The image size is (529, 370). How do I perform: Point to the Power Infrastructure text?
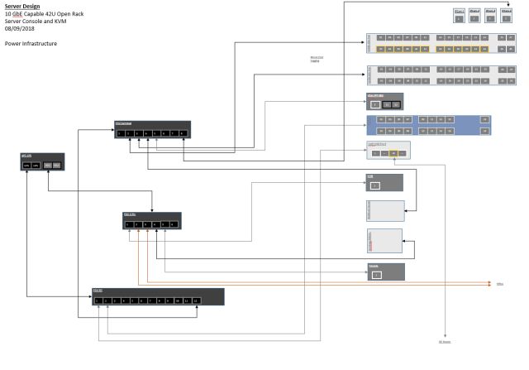coord(31,43)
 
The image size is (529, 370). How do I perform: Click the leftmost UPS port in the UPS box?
coord(26,166)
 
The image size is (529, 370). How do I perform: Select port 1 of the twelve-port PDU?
coord(98,300)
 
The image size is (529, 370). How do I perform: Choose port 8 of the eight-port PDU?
coord(183,132)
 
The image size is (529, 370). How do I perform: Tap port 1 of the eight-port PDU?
coord(120,132)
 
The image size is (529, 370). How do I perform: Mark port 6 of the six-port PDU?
coord(174,224)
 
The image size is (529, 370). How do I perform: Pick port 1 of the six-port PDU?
coord(128,224)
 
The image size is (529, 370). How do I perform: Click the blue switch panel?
coord(428,124)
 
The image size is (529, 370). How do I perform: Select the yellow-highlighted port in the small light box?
coord(394,153)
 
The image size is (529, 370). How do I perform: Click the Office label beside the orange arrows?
coord(499,284)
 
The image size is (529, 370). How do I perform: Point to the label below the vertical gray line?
coord(444,341)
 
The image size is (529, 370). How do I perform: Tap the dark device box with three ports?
coord(385,102)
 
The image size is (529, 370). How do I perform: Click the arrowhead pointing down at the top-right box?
coord(508,4)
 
